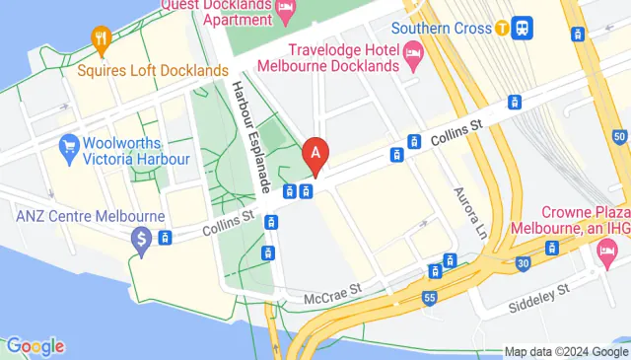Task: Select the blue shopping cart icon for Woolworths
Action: click(x=69, y=147)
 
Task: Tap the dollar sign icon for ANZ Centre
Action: click(x=142, y=238)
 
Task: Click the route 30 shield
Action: click(x=523, y=263)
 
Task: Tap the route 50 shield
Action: click(x=618, y=135)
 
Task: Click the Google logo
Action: click(x=35, y=346)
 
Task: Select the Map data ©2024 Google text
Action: click(x=566, y=351)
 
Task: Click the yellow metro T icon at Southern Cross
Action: click(x=503, y=28)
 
